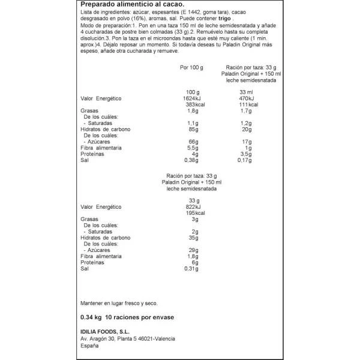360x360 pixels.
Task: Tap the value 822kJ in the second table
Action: (x=194, y=207)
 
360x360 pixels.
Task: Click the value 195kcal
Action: (x=194, y=213)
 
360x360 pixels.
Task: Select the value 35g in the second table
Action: (x=194, y=238)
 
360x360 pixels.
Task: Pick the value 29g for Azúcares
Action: (x=194, y=250)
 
